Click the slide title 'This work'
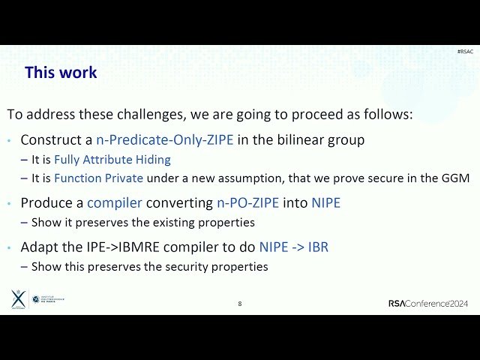pos(61,73)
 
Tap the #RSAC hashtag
pos(464,51)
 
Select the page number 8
pos(240,304)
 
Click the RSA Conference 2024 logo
pos(427,304)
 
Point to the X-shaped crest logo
pos(18,299)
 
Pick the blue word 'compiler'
pos(118,202)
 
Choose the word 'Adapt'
pos(37,247)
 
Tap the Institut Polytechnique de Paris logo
pos(48,300)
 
